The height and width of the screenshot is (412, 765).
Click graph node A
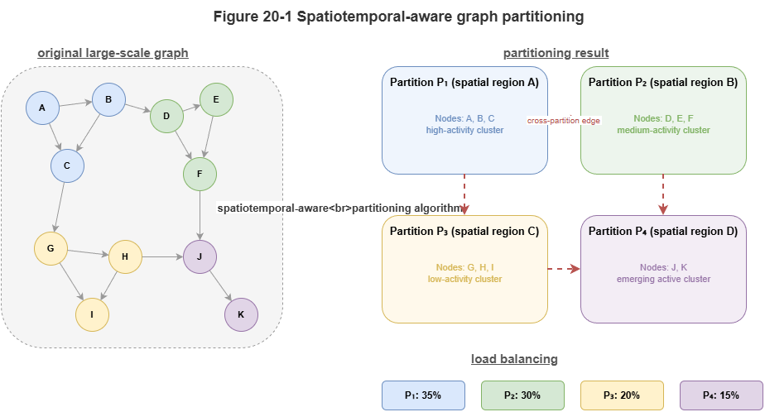[42, 108]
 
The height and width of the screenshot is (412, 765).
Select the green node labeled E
[216, 99]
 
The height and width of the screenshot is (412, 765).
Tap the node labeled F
[200, 174]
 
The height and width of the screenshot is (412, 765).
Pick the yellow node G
[51, 248]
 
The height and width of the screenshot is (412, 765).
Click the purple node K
[241, 314]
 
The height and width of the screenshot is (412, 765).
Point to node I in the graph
[92, 314]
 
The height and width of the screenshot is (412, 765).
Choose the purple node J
[200, 256]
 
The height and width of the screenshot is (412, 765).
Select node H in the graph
[125, 256]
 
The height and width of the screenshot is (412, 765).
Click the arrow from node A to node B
[75, 104]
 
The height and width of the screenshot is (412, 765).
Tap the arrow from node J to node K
[220, 285]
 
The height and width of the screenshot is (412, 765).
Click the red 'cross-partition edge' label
[564, 121]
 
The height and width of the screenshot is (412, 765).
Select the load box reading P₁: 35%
[423, 395]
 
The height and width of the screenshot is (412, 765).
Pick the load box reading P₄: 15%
[721, 395]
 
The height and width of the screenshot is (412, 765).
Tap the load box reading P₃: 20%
[622, 395]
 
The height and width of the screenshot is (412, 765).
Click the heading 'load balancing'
[514, 359]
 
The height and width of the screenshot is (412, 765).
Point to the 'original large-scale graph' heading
[113, 53]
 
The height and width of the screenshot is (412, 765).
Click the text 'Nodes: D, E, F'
[663, 118]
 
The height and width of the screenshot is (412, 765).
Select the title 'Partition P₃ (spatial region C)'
[464, 231]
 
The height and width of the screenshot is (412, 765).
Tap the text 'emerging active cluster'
[663, 279]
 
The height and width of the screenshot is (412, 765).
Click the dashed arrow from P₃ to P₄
[564, 269]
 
